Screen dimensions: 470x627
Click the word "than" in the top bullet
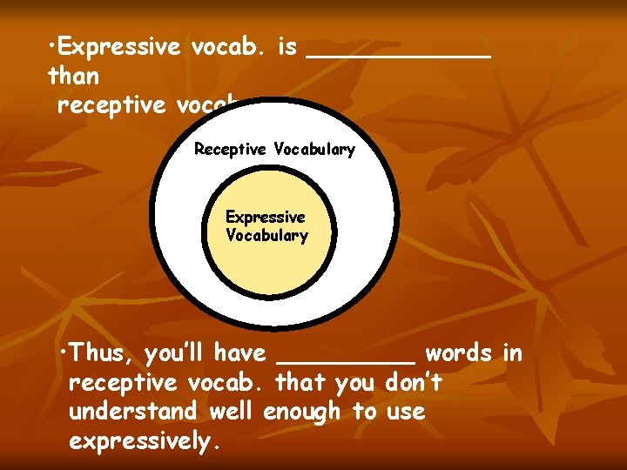74,76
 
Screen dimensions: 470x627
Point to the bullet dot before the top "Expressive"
53,44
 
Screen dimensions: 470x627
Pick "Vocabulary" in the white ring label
314,150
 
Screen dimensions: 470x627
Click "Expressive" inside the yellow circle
266,217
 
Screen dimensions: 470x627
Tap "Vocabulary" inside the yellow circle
266,235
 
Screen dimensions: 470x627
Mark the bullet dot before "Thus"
67,351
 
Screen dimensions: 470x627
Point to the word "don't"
413,382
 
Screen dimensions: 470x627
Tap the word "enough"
301,412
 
